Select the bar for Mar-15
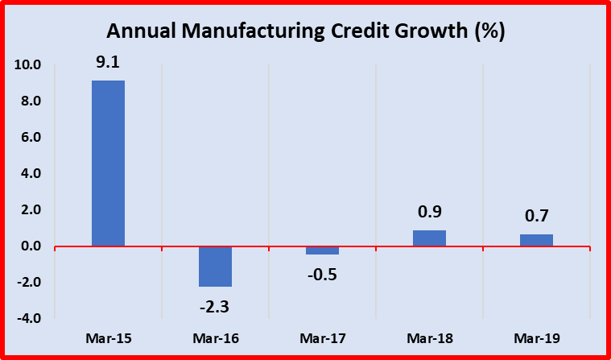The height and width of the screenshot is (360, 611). pyautogui.click(x=108, y=163)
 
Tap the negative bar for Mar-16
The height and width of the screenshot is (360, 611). pyautogui.click(x=215, y=267)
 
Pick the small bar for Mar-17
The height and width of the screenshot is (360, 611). pyautogui.click(x=322, y=250)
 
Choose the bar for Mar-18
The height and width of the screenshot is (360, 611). pyautogui.click(x=430, y=238)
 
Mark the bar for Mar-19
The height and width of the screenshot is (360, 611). pyautogui.click(x=536, y=240)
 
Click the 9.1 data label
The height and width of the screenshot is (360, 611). pyautogui.click(x=108, y=62)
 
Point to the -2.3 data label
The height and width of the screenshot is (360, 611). pyautogui.click(x=215, y=306)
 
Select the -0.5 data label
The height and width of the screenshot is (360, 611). pyautogui.click(x=322, y=274)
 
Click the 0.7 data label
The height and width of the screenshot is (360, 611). pyautogui.click(x=536, y=216)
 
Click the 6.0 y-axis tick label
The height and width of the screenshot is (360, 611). pyautogui.click(x=31, y=138)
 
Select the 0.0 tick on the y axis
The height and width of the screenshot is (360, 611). pyautogui.click(x=31, y=246)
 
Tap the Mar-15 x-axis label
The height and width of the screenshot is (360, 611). pyautogui.click(x=108, y=338)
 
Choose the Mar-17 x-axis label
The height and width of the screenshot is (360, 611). pyautogui.click(x=322, y=338)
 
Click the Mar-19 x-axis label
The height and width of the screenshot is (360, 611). pyautogui.click(x=536, y=338)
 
